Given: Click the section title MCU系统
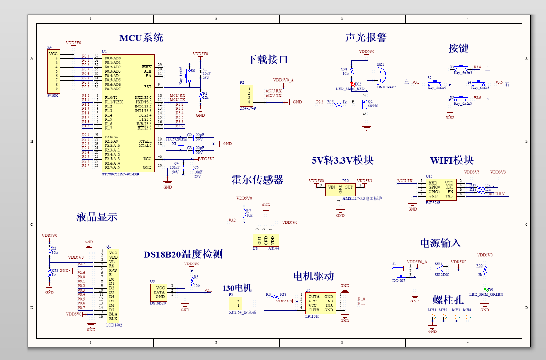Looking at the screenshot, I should click(x=141, y=38).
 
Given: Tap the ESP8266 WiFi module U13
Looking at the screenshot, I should click(x=441, y=189).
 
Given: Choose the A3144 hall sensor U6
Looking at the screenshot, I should click(x=265, y=240).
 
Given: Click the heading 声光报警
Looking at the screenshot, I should click(x=366, y=38).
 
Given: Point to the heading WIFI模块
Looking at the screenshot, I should click(x=452, y=160).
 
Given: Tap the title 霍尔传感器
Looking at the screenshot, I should click(x=257, y=180).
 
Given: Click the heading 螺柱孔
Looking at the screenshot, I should click(x=448, y=300).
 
